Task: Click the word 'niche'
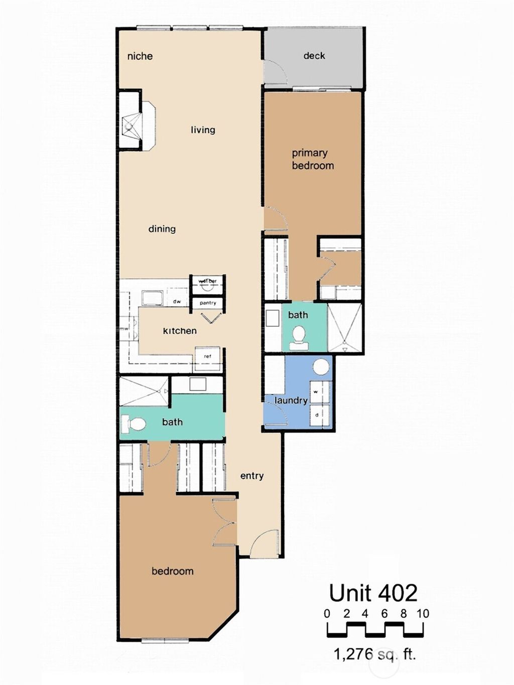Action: (x=140, y=56)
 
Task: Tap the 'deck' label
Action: (x=314, y=56)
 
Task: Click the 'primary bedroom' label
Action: (x=312, y=159)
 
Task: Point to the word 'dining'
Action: (x=162, y=229)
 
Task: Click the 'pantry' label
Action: (x=208, y=303)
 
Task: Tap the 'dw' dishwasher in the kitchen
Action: (x=177, y=302)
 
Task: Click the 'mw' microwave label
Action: (x=124, y=329)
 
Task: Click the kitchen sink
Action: (x=152, y=298)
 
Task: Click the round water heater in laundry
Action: (x=321, y=367)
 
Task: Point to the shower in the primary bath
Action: (x=344, y=328)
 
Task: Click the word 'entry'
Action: (x=252, y=476)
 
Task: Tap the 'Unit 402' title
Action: (x=373, y=593)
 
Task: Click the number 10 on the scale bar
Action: (x=423, y=614)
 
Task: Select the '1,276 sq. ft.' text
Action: (x=374, y=654)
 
